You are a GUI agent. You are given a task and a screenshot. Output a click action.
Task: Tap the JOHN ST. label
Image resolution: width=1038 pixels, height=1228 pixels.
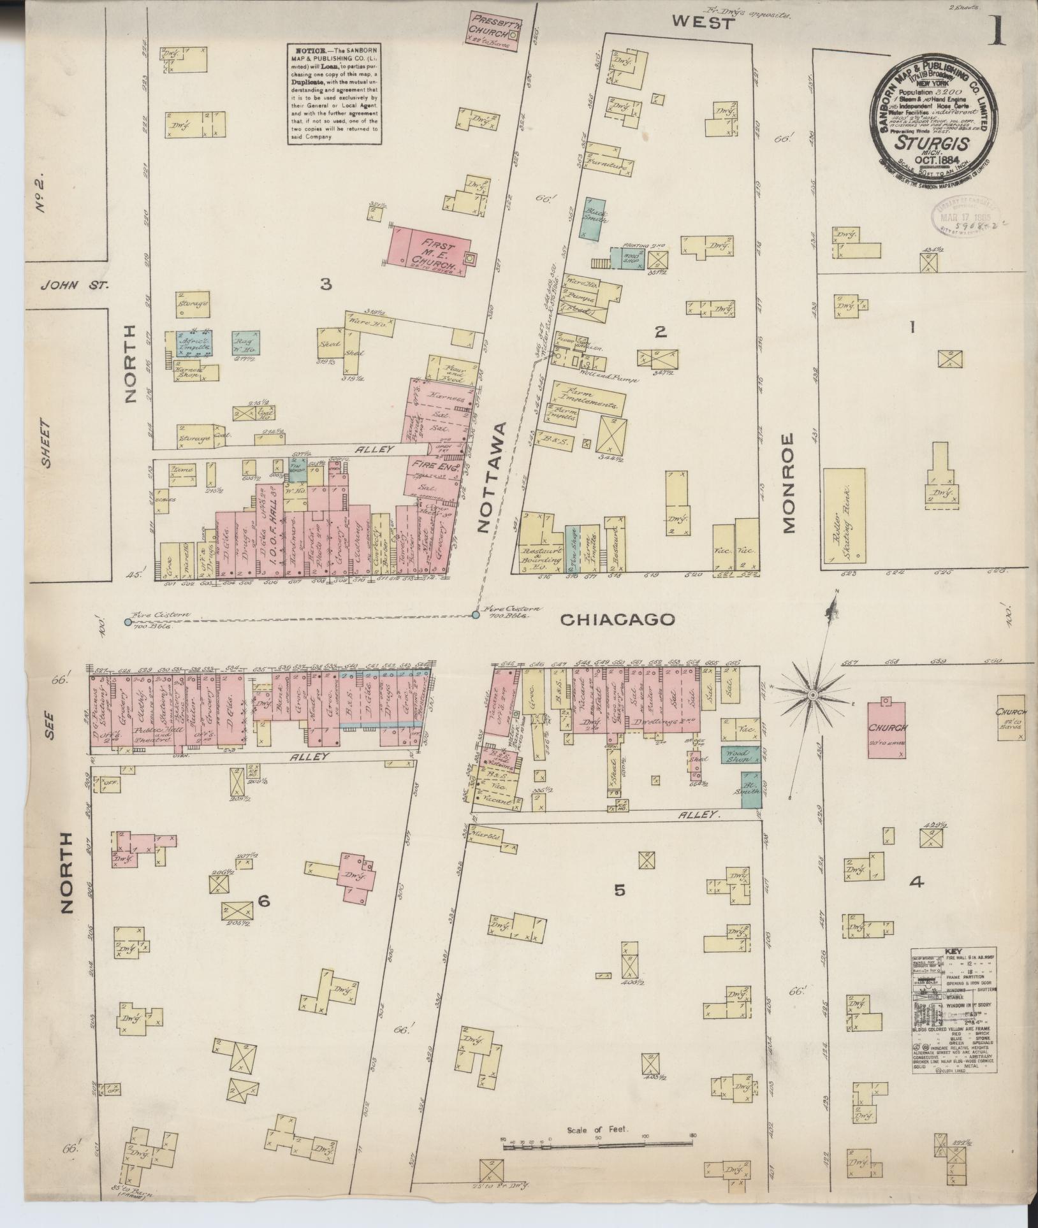coord(75,285)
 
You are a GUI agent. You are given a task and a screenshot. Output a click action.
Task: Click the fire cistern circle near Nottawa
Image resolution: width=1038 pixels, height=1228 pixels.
coord(475,615)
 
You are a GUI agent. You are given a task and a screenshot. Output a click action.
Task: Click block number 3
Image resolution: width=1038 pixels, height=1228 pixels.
coord(326,284)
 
